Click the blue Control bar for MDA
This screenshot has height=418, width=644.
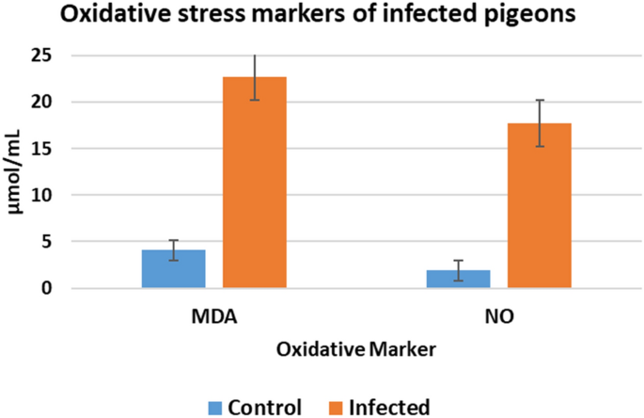[173, 269]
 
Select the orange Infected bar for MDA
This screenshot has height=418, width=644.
[254, 183]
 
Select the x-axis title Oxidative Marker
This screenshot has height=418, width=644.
[355, 349]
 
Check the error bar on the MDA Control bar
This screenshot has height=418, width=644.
[173, 250]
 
